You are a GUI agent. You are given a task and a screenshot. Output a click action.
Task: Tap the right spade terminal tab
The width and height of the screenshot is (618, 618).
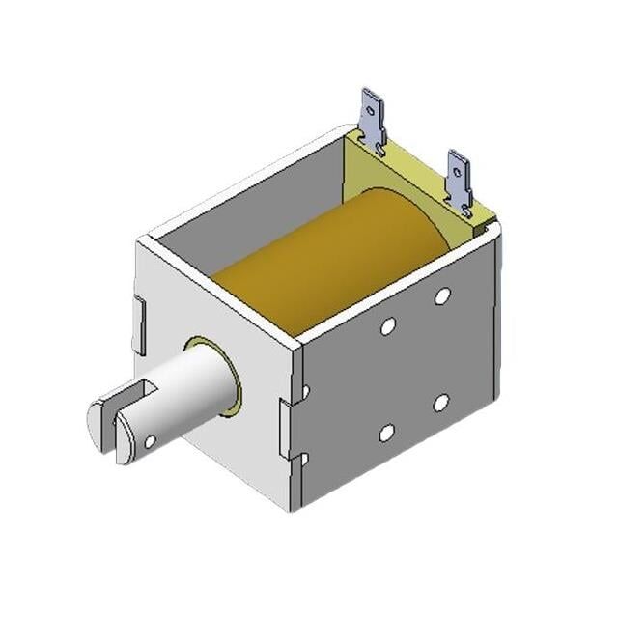point(459,180)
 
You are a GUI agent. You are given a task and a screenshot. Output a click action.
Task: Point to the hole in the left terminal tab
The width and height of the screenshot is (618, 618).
point(371,108)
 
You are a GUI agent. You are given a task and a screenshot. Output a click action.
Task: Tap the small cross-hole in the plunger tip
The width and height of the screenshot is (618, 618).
point(151,441)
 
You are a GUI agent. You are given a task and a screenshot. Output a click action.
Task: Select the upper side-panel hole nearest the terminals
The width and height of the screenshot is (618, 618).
point(442,295)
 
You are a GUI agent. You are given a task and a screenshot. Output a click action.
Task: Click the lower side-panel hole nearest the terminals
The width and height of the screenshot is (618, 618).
point(440,403)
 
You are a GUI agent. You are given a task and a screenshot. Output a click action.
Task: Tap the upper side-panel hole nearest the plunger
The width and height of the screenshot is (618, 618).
point(387,327)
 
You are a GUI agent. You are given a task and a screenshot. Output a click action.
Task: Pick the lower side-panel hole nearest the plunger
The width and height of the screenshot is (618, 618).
point(386,434)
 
